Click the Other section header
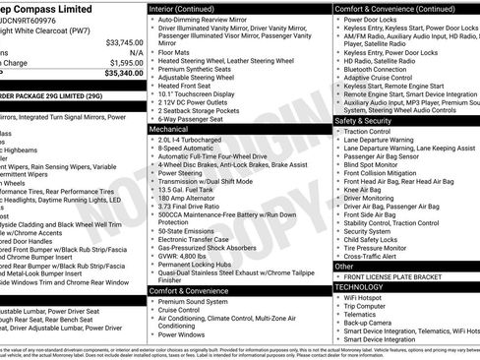(345, 266)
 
